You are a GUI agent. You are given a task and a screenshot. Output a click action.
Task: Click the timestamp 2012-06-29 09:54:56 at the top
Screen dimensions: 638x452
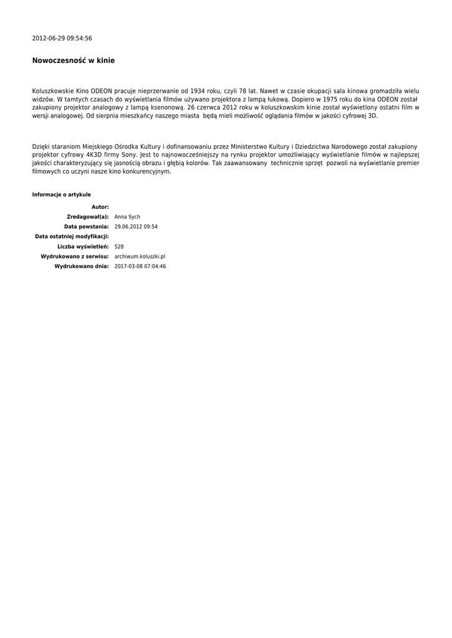pyautogui.click(x=62, y=39)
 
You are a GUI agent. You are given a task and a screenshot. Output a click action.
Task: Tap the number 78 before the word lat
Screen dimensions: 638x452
pyautogui.click(x=243, y=91)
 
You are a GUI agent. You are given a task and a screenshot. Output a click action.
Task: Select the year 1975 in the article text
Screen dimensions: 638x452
pyautogui.click(x=325, y=99)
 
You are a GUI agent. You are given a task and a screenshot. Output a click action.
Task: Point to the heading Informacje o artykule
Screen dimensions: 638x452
pyautogui.click(x=61, y=195)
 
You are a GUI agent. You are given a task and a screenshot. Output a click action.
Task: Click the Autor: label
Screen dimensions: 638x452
pyautogui.click(x=100, y=207)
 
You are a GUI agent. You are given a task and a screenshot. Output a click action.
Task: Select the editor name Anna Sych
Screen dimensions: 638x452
pyautogui.click(x=127, y=217)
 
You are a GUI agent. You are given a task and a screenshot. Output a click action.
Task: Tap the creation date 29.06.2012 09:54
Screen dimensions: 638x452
pyautogui.click(x=136, y=227)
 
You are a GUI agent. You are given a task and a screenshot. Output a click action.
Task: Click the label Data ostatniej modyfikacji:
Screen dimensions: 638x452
pyautogui.click(x=72, y=237)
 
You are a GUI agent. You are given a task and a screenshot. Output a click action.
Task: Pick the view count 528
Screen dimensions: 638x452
pyautogui.click(x=119, y=247)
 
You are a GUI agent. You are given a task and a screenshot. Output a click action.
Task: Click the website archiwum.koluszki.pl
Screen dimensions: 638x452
pyautogui.click(x=140, y=257)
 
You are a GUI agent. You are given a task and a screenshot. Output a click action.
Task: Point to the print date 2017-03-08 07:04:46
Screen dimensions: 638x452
pyautogui.click(x=140, y=267)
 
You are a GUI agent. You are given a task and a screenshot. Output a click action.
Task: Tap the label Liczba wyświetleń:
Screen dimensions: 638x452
pyautogui.click(x=83, y=247)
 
